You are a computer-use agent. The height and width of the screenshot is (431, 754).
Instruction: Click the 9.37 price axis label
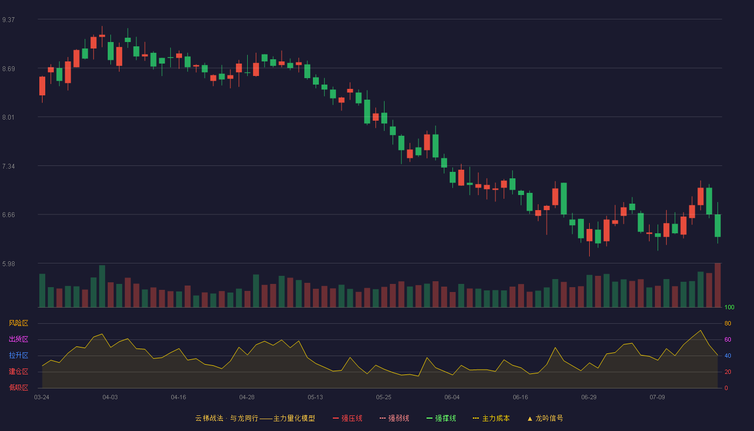9,20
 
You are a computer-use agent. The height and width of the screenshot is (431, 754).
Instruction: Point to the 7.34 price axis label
9,166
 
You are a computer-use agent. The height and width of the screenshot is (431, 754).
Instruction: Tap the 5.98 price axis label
9,263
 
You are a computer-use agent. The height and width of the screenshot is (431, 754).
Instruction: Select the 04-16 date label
178,398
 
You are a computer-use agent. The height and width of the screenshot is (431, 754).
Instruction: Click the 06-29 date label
589,398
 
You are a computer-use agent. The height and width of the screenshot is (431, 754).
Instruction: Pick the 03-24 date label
42,398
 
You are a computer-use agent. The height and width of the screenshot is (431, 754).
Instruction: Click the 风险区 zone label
18,323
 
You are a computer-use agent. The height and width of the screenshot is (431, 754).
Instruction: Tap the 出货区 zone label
18,339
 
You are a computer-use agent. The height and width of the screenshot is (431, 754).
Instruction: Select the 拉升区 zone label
18,355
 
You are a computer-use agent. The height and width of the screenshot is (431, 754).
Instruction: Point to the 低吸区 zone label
18,387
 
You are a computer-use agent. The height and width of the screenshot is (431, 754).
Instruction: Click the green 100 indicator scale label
729,307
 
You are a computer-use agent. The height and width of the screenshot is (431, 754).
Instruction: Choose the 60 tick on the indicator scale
728,339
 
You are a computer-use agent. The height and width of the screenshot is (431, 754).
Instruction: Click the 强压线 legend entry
347,418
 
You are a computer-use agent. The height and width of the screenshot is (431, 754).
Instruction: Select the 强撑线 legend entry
441,418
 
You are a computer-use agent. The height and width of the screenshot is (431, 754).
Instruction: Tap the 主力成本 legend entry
491,418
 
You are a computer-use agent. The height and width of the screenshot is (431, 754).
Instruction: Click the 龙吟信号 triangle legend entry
545,418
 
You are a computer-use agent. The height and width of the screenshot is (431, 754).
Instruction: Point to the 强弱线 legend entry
394,418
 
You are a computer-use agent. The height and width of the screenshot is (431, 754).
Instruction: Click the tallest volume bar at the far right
717,285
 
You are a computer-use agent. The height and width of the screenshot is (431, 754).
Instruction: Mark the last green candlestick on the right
717,226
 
